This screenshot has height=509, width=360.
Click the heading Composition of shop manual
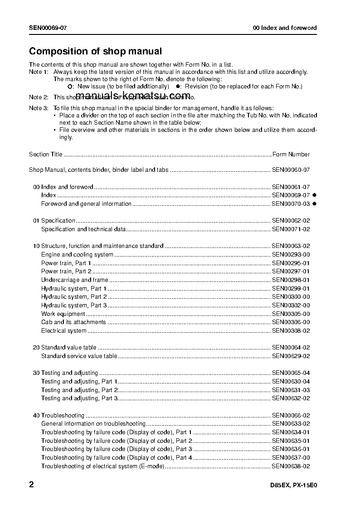coord(95,51)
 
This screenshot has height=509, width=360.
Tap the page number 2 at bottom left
coord(31,485)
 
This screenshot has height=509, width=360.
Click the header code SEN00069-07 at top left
coord(48,28)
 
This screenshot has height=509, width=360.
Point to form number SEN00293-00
coord(291,255)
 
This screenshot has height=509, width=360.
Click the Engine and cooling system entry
coord(77,255)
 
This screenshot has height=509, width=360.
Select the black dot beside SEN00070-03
coord(314,204)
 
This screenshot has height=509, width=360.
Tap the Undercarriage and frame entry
coord(74,280)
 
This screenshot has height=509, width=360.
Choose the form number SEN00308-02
coord(291,331)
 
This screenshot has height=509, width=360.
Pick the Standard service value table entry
coord(79,356)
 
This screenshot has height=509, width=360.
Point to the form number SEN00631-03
coord(291,390)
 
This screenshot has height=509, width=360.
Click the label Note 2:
coord(39,97)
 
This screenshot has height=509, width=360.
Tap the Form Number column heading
coord(291,154)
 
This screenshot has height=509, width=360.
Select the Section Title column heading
coord(45,154)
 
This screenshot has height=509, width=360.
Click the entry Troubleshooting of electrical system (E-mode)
coord(102,466)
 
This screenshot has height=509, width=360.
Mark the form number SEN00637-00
coord(291,458)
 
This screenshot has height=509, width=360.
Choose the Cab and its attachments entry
coord(73,322)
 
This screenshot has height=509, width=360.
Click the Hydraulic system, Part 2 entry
coord(74,297)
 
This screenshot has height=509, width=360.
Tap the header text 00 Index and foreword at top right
coord(285,28)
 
